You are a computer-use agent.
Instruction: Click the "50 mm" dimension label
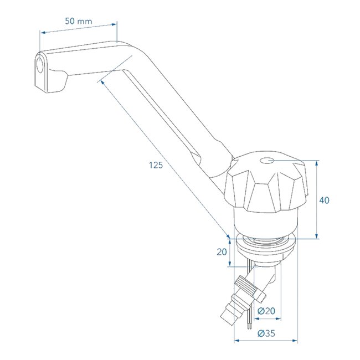78,21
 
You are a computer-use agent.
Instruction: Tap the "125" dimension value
157,166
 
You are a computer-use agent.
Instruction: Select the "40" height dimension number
326,200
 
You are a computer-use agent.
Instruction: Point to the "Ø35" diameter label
267,332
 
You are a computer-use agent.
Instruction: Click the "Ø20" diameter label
268,311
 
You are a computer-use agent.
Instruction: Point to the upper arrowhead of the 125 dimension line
102,82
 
